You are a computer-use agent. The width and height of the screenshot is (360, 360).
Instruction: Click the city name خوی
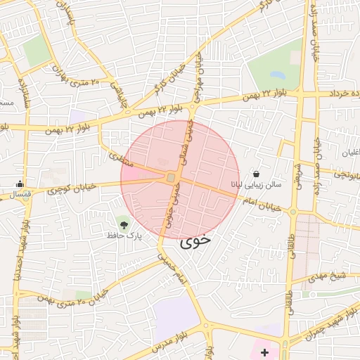pyautogui.click(x=195, y=242)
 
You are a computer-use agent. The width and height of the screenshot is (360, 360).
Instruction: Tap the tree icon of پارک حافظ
pyautogui.click(x=124, y=225)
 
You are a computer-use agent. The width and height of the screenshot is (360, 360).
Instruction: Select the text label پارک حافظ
pyautogui.click(x=124, y=237)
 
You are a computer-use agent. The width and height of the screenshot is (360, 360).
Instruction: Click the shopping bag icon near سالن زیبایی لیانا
pyautogui.click(x=255, y=174)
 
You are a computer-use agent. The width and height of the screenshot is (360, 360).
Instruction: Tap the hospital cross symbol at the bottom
pyautogui.click(x=264, y=351)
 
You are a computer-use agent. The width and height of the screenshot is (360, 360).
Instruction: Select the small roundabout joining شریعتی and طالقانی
pyautogui.click(x=293, y=210)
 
